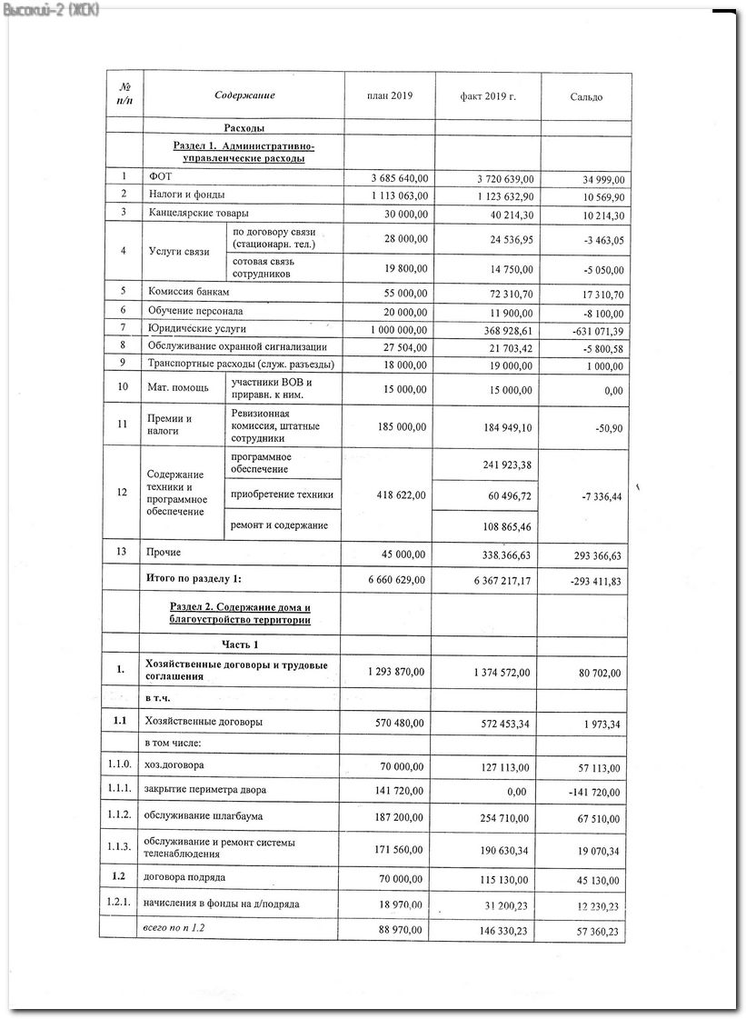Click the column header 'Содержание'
point(244,96)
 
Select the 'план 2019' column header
point(389,96)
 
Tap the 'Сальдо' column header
point(586,97)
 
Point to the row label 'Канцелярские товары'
point(198,213)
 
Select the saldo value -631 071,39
point(591,330)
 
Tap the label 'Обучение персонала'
point(195,311)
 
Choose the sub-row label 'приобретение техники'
point(282,495)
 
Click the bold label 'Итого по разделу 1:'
point(194,578)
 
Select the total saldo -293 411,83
point(591,580)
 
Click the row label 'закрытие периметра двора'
point(204,789)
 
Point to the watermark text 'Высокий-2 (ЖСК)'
point(52,8)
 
